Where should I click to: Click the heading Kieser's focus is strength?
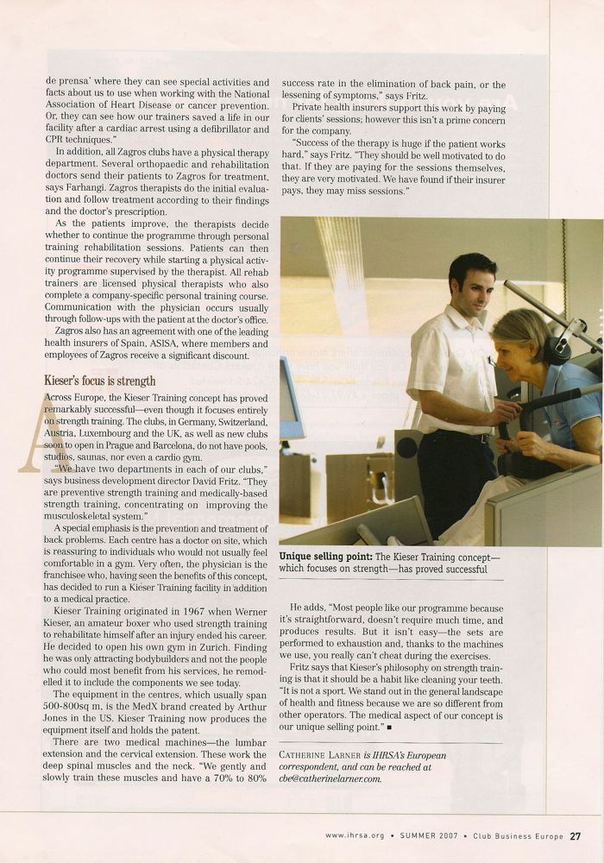point(100,380)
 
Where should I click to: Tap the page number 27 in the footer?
point(575,835)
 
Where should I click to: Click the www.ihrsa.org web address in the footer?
point(355,835)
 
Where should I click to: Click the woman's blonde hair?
point(519,331)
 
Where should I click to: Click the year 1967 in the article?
point(205,610)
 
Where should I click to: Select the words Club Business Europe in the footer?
point(516,835)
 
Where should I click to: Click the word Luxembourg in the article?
point(106,437)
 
